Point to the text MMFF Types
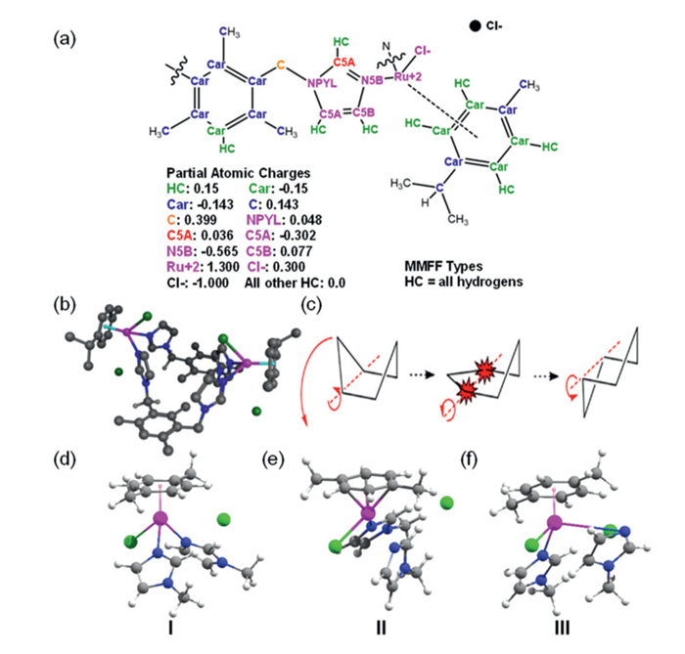(441, 264)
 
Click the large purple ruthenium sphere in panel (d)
(161, 517)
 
